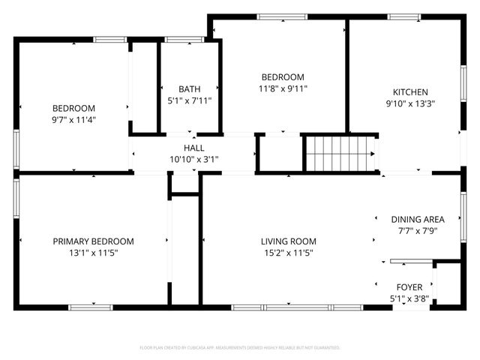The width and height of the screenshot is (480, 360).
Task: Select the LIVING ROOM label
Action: tap(288, 241)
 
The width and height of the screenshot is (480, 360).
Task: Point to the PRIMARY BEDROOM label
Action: tap(93, 241)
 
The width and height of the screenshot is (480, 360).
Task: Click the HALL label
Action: tap(194, 148)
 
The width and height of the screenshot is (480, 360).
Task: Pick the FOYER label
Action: tap(409, 287)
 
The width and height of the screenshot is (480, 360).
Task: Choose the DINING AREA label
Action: tap(418, 220)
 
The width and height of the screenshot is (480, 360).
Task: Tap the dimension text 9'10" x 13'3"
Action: tap(410, 104)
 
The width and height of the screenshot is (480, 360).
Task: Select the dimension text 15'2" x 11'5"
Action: tap(288, 253)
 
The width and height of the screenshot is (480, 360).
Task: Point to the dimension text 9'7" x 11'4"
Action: tap(73, 119)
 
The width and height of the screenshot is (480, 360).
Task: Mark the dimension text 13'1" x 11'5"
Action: tap(93, 253)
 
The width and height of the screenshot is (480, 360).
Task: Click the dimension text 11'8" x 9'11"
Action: tap(282, 88)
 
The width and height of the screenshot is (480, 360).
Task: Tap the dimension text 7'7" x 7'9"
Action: tap(418, 231)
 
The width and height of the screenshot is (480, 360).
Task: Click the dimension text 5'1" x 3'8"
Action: tap(409, 298)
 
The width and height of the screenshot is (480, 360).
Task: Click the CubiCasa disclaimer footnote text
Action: tap(240, 348)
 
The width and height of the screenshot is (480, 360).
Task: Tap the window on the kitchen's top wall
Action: tap(403, 16)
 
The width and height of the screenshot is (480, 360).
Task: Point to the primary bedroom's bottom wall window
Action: tap(91, 307)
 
